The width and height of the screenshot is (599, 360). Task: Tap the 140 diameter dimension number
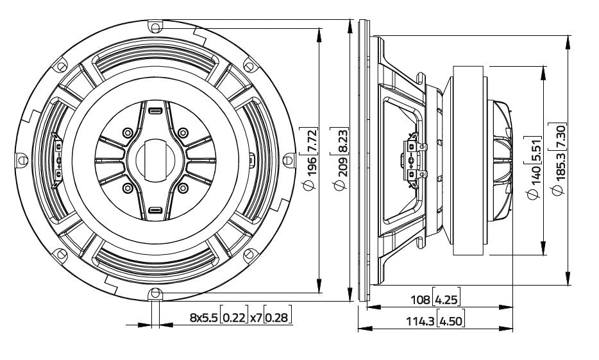[x=536, y=175]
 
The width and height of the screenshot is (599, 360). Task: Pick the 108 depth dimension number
[x=420, y=299]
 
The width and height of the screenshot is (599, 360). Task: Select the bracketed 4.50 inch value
[x=451, y=321]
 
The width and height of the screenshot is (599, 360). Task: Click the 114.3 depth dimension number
[x=420, y=321]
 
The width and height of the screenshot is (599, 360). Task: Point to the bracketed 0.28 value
[x=278, y=317]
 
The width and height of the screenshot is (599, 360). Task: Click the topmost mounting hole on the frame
[x=155, y=27]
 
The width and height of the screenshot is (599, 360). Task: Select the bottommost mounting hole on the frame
[x=155, y=293]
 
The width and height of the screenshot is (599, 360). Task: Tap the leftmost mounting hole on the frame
[x=22, y=160]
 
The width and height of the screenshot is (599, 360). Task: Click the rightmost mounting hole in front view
[x=289, y=160]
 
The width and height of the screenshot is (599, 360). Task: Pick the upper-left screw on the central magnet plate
[x=128, y=133]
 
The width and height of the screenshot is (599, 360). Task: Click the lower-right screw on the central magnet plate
[x=183, y=187]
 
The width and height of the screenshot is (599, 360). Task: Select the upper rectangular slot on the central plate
[x=155, y=111]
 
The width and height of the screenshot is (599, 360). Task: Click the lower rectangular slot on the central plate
[x=155, y=210]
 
